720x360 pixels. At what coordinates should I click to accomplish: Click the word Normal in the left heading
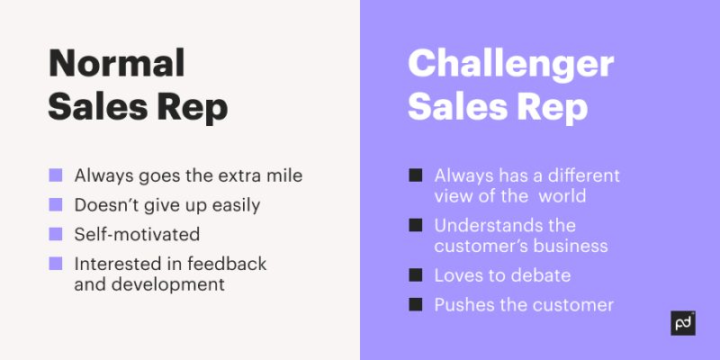coord(116,64)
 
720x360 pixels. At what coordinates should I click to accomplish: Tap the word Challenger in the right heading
coord(511,64)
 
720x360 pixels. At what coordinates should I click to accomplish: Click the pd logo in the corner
coord(683,322)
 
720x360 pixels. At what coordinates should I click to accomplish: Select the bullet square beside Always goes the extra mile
coord(56,175)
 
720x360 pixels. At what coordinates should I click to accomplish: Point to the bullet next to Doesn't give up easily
coord(56,204)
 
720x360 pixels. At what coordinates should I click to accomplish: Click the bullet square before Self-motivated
coord(56,234)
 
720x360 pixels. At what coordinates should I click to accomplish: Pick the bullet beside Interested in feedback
coord(56,264)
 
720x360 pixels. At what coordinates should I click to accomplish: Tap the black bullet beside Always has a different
coord(415,175)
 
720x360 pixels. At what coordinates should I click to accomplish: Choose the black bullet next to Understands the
coord(415,224)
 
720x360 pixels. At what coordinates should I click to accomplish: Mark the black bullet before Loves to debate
coord(415,274)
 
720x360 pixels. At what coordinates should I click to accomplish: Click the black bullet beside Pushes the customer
coord(415,304)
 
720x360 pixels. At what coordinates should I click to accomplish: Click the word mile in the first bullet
coord(283,175)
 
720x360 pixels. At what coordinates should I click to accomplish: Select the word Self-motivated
coord(137,234)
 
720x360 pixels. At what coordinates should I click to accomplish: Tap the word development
coord(148,284)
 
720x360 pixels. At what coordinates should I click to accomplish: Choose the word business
coord(571,246)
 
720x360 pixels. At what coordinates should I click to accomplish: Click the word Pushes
coord(463,304)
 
